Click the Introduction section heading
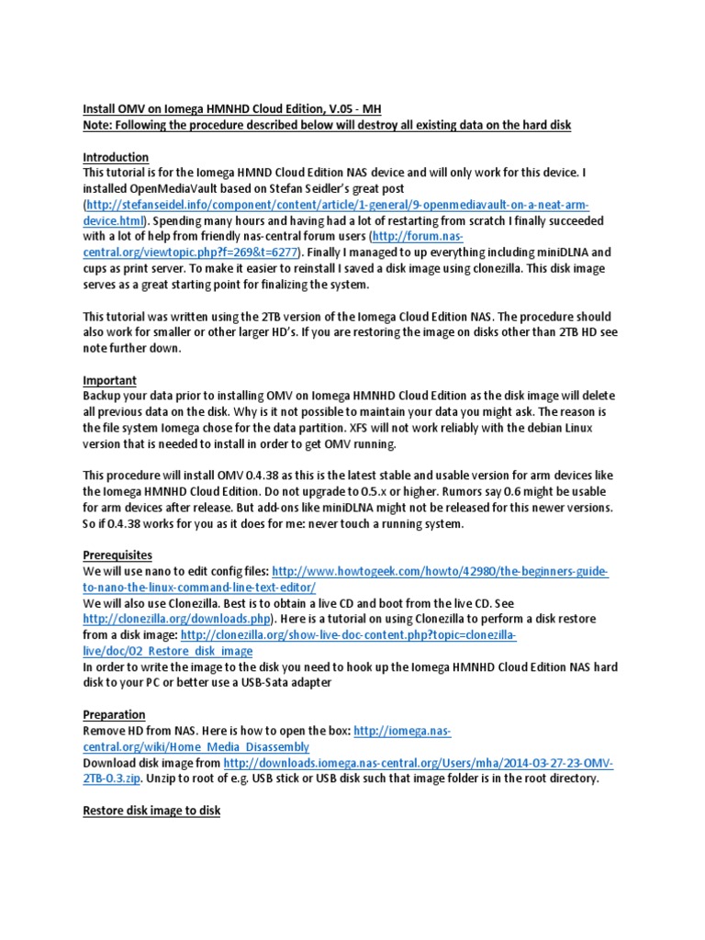[x=116, y=157]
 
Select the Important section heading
[x=109, y=379]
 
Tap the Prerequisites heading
[x=117, y=554]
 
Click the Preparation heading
[x=114, y=714]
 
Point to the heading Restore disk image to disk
[x=151, y=811]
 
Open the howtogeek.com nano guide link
[x=441, y=571]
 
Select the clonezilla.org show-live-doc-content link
[x=349, y=634]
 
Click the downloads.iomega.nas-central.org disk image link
[x=419, y=763]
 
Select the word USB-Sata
[x=284, y=682]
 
